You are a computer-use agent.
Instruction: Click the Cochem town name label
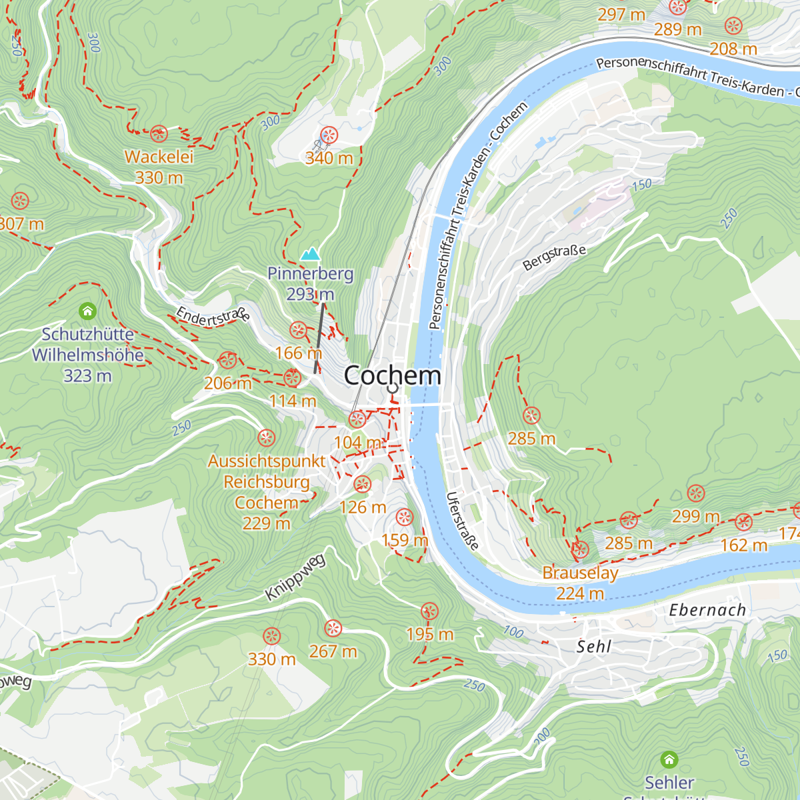[392, 375]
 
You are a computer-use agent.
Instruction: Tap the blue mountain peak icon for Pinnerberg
[310, 255]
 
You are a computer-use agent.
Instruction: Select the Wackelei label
[159, 157]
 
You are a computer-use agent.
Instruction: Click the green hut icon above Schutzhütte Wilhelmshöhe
[87, 311]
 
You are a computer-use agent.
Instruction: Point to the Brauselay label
[580, 573]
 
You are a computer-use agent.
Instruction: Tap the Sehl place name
[593, 646]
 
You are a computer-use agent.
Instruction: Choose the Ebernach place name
[707, 610]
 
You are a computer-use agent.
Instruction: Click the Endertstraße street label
[213, 315]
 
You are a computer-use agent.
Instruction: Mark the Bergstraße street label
[555, 257]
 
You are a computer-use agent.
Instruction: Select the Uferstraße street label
[463, 521]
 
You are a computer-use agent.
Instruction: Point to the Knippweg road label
[295, 577]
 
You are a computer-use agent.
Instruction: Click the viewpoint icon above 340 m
[329, 135]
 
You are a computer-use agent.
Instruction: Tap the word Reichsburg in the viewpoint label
[267, 481]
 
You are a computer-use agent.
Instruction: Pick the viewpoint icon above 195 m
[430, 611]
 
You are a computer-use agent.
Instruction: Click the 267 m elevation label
[333, 651]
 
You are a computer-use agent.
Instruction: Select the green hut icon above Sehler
[669, 759]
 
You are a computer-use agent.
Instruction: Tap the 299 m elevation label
[695, 516]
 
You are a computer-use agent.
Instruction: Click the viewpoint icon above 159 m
[404, 517]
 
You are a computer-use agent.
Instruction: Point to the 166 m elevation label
[298, 353]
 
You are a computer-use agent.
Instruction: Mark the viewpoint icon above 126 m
[363, 485]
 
